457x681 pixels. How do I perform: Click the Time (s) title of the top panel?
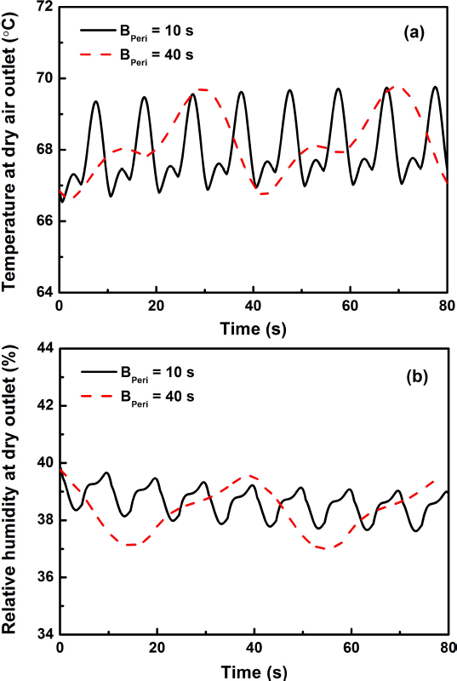click(254, 328)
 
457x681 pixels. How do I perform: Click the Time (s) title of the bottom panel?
click(254, 671)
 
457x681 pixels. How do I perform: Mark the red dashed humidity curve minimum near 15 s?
click(130, 545)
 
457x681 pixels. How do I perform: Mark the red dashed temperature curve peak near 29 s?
click(202, 89)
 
